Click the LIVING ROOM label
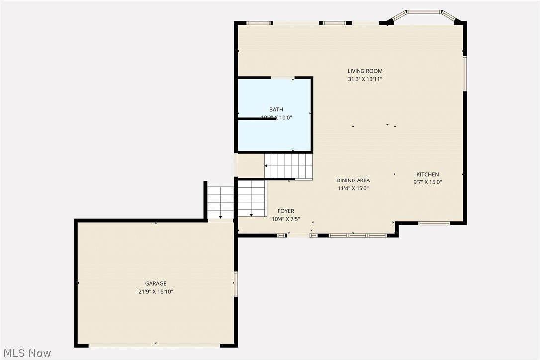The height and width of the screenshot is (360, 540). pos(365,71)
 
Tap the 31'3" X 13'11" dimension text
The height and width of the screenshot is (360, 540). pos(365,79)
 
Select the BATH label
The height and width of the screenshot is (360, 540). pos(276,110)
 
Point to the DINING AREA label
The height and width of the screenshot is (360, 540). pos(353,180)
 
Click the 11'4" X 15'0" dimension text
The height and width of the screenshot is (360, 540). pos(353,188)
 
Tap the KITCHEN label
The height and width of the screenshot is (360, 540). pos(428,174)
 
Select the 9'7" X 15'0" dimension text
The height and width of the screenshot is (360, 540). pos(428,182)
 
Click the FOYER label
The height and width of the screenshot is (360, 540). pos(286,211)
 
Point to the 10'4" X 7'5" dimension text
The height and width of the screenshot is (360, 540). pos(286,219)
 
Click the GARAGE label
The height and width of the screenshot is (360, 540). pos(156,284)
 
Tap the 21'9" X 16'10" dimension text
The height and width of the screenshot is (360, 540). pos(156,292)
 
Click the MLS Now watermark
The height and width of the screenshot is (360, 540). pos(26,353)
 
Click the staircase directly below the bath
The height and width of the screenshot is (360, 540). pos(288,166)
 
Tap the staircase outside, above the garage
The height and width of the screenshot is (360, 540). pos(220,202)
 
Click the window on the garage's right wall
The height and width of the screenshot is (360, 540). pos(236,284)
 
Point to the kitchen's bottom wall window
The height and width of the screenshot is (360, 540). pos(434,223)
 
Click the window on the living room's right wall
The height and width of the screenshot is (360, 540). pos(465,74)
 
